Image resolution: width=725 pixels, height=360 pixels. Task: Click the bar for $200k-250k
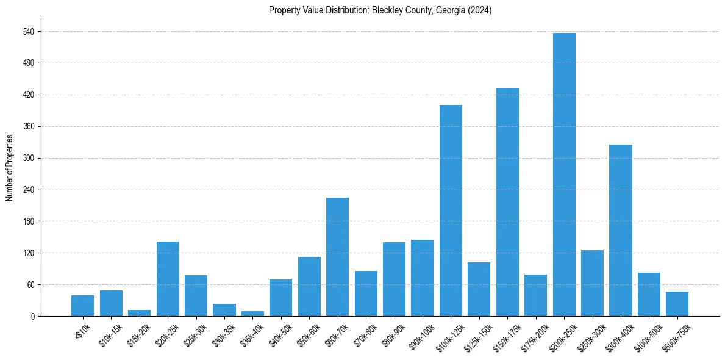point(564,175)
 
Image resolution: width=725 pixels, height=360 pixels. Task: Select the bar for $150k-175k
point(507,202)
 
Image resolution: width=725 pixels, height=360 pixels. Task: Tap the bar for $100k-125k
point(451,211)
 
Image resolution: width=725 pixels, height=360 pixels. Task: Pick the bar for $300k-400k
point(621,231)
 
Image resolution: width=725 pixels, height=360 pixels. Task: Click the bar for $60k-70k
point(337,257)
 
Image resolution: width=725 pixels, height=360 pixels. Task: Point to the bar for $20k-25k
point(168,279)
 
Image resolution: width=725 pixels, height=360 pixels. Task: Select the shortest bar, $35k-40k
point(252,314)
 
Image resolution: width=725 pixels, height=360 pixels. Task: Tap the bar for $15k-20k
point(139,313)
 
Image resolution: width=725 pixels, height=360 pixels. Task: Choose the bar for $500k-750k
point(677,304)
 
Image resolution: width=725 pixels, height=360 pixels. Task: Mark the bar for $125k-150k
point(479,289)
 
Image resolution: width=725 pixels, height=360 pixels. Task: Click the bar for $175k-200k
point(535,295)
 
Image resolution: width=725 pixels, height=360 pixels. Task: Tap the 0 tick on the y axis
point(32,317)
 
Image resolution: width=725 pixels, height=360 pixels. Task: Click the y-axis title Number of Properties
point(9,168)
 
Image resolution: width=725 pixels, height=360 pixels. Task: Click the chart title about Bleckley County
point(380,10)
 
